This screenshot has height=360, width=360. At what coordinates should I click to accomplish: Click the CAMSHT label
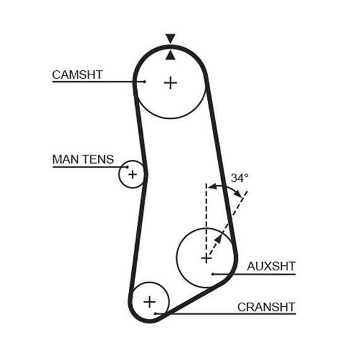(77, 75)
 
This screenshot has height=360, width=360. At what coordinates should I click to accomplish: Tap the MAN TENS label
(83, 159)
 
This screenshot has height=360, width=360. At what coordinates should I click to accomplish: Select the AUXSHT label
(271, 267)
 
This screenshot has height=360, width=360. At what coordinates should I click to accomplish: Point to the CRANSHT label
(267, 307)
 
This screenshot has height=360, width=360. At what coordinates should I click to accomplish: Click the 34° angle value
(239, 178)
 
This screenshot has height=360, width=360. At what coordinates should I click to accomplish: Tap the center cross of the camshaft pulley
(171, 83)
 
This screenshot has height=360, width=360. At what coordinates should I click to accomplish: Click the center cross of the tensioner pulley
(133, 174)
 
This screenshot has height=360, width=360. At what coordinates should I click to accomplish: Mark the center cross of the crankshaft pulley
(150, 302)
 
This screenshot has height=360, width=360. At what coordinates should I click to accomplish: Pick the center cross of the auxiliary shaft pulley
(206, 259)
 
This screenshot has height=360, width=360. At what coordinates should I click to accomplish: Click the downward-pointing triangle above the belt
(171, 39)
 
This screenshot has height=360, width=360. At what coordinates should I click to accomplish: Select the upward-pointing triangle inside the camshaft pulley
(171, 55)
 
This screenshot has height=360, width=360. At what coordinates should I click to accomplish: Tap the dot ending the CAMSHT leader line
(145, 81)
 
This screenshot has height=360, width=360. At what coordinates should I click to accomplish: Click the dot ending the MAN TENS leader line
(128, 167)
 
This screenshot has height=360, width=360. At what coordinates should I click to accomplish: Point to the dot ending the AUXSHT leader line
(213, 274)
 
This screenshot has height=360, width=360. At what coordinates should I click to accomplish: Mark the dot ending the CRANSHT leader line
(155, 314)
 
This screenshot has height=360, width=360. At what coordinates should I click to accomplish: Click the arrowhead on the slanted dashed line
(219, 239)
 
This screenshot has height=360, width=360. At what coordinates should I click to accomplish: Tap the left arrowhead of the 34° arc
(212, 186)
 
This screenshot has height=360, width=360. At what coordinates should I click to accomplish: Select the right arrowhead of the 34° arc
(237, 193)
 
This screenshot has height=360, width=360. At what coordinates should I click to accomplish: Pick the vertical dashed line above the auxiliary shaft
(207, 221)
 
